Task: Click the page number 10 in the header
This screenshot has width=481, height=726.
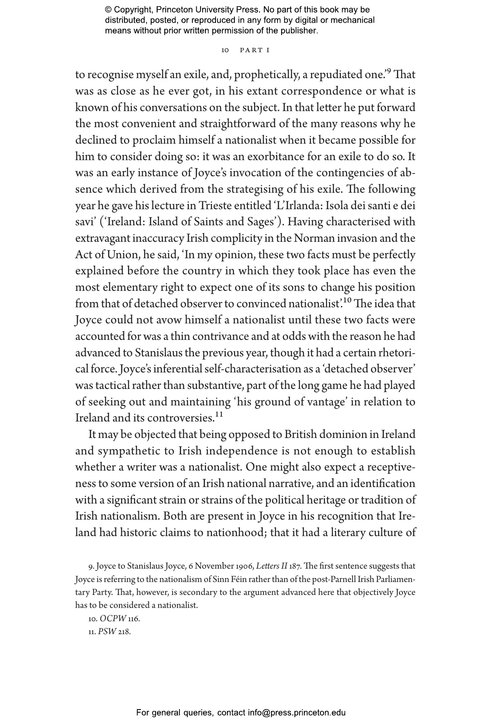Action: click(225, 50)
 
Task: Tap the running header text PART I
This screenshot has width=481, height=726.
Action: click(254, 50)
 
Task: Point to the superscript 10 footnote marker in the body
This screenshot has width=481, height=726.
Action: click(347, 300)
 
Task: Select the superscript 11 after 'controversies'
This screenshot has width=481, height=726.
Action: click(219, 414)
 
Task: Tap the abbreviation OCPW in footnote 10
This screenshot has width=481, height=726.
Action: click(113, 619)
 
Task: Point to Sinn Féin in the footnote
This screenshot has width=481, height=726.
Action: click(225, 579)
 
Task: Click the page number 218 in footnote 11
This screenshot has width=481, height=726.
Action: click(124, 632)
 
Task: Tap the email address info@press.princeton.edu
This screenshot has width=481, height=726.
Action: click(296, 713)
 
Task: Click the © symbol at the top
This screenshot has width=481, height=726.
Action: click(109, 10)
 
